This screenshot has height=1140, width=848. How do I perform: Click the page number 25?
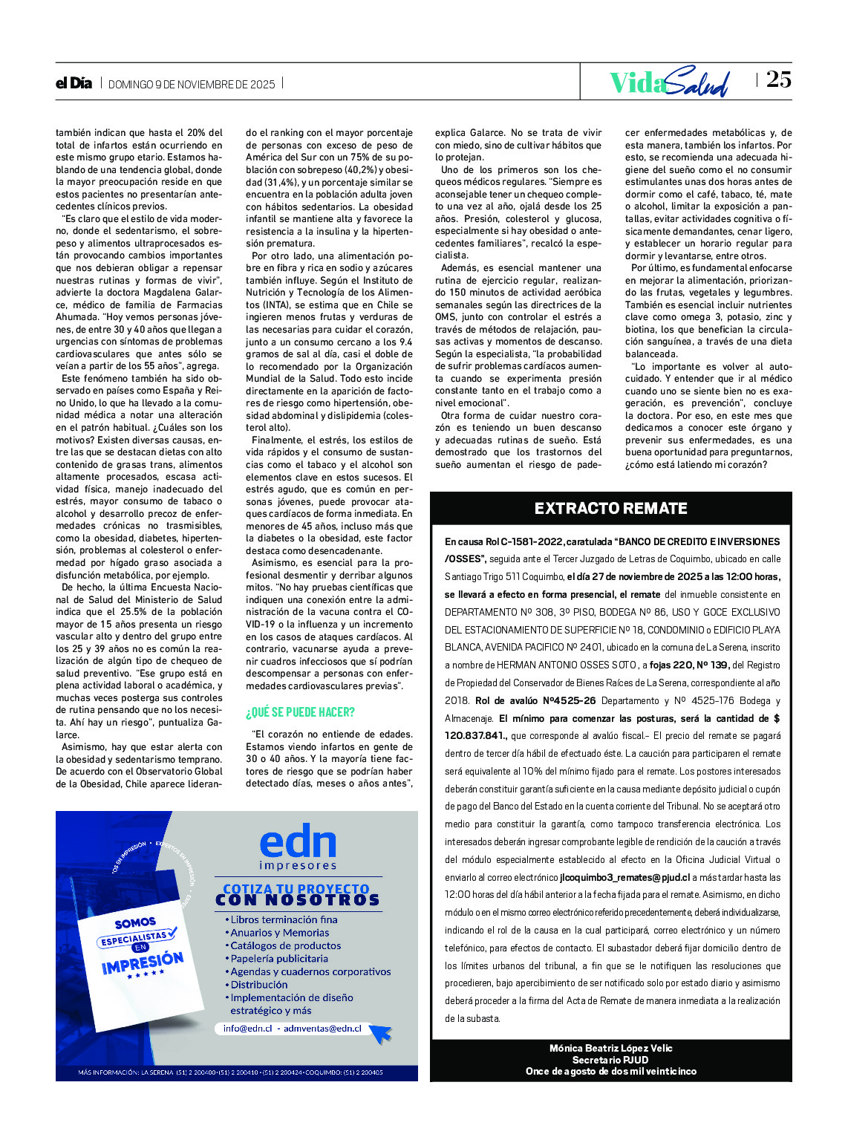pos(779,79)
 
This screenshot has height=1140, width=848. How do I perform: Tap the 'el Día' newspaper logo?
pos(74,83)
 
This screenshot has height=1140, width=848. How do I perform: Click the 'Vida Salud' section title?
pos(668,82)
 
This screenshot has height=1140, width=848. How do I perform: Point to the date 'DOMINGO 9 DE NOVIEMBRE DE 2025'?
pos(192,85)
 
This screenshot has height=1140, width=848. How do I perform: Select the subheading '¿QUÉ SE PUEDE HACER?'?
pos(300,712)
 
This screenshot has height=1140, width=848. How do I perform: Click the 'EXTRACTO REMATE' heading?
pos(610,509)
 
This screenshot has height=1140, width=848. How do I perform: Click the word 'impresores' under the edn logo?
pos(298,865)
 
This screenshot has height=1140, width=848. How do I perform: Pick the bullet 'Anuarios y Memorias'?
pos(280,933)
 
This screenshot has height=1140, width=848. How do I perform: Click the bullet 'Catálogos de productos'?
pos(286,945)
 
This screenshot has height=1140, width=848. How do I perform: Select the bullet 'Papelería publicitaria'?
pos(279,959)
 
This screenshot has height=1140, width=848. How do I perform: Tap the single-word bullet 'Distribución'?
pos(259,985)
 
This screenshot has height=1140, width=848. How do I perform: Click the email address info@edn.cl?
pos(248,1029)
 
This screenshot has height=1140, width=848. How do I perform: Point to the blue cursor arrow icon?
pos(380,1033)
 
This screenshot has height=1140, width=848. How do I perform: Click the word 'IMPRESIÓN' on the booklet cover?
pos(143,963)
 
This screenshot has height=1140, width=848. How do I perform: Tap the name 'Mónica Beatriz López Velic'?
pos(610,1048)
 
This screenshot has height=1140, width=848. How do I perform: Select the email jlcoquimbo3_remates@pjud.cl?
pos(624,877)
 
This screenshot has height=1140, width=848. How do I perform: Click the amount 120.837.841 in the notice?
pos(475,736)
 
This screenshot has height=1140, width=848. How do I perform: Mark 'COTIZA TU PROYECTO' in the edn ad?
pos(296,889)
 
